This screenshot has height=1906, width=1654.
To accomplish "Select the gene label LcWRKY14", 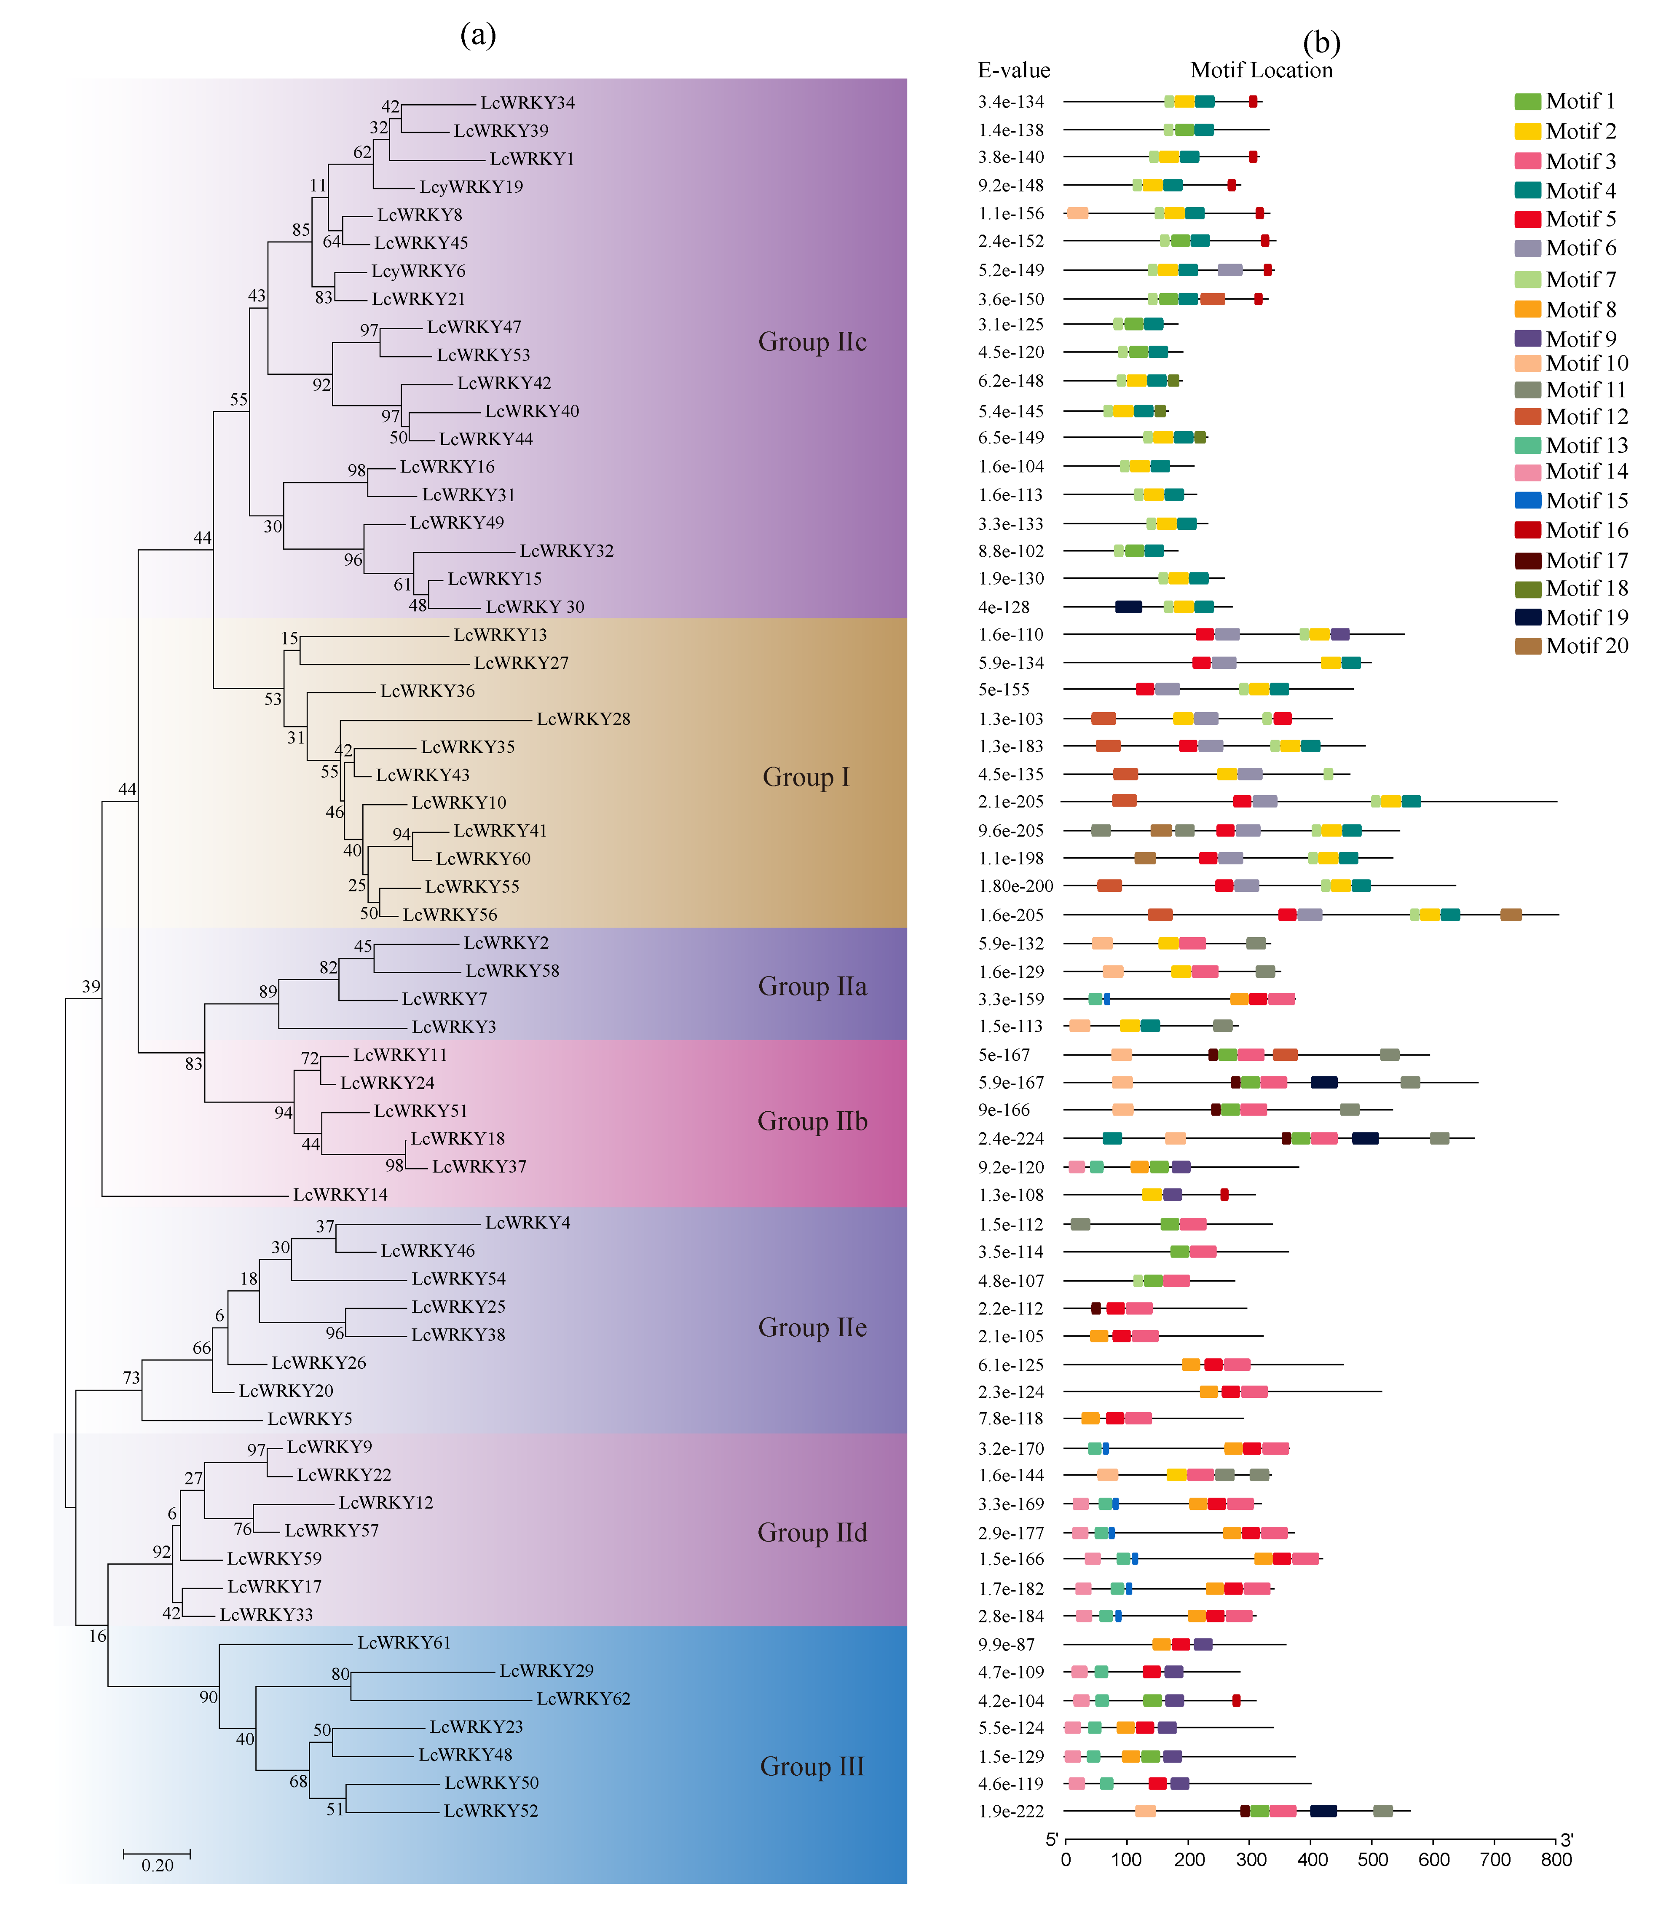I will [x=341, y=1194].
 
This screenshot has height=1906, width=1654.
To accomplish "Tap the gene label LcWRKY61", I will [x=404, y=1642].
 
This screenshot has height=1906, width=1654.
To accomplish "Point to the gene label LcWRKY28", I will [x=583, y=718].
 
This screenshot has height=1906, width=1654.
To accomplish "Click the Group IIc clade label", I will [x=812, y=341].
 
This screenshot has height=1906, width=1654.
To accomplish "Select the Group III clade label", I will [x=812, y=1766].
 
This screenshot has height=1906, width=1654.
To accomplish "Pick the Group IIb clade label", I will [x=812, y=1120].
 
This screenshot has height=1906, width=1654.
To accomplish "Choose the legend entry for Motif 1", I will [x=1580, y=101].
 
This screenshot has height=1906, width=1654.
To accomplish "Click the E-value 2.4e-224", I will [x=1012, y=1138].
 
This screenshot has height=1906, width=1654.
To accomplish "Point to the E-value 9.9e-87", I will [x=1007, y=1644].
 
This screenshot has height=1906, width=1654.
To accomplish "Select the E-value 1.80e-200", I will [x=1016, y=885].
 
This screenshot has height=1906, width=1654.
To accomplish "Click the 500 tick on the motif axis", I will [x=1373, y=1859].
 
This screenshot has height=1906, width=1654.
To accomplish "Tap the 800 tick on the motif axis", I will [x=1556, y=1859].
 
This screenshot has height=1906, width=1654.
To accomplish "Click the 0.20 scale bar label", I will [x=158, y=1865].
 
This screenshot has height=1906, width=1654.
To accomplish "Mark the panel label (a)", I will [x=478, y=35].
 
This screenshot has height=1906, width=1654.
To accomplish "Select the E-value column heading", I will [x=1013, y=70].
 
